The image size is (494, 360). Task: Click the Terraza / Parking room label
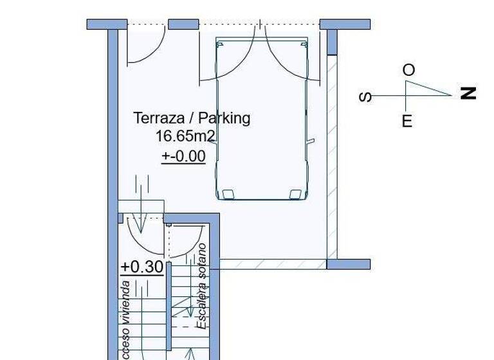coord(192,118)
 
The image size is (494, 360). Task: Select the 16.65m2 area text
coord(185,136)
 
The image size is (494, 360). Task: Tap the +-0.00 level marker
coord(183,156)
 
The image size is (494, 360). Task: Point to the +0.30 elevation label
coord(142,267)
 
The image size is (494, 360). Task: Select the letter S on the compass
coord(365,97)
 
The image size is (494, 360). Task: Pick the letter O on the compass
coord(408,70)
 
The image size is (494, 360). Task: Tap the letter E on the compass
coord(407,122)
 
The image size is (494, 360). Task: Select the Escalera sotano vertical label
coord(202,286)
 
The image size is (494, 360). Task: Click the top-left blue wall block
coord(107,24)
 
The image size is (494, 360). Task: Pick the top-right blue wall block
coord(345,24)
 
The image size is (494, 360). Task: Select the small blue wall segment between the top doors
coord(183,24)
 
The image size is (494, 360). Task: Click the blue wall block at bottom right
coord(349,264)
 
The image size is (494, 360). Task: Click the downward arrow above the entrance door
coord(142,199)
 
